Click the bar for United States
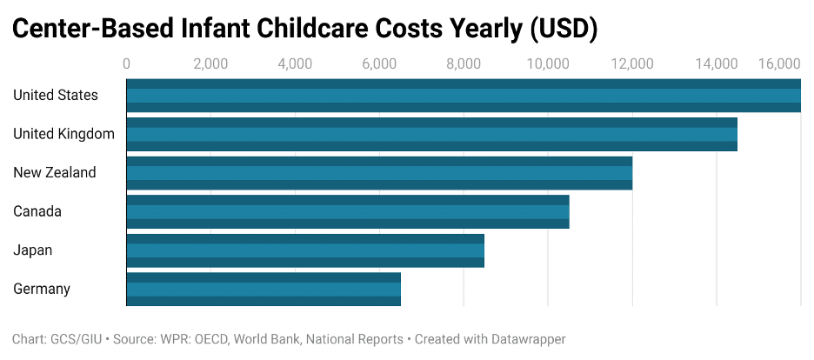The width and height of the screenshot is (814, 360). [x=464, y=96]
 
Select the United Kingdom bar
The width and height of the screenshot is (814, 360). [x=431, y=134]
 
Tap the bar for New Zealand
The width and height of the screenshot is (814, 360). [x=379, y=173]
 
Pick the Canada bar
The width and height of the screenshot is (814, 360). [x=348, y=211]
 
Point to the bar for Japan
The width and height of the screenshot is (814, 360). [x=305, y=250]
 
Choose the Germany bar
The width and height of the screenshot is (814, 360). [x=264, y=289]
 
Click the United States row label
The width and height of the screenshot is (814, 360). [x=56, y=96]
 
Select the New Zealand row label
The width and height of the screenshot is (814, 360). [x=55, y=173]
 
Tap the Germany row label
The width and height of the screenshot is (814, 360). [x=42, y=289]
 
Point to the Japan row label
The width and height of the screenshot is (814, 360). [x=33, y=250]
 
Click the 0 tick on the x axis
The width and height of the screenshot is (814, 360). [x=127, y=63]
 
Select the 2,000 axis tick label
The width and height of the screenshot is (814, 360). [x=210, y=63]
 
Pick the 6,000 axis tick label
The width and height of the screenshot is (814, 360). [x=379, y=63]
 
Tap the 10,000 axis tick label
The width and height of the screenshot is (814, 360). [x=548, y=63]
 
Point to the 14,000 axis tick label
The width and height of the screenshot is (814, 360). [x=717, y=63]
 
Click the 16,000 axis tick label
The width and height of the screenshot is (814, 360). [x=778, y=63]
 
